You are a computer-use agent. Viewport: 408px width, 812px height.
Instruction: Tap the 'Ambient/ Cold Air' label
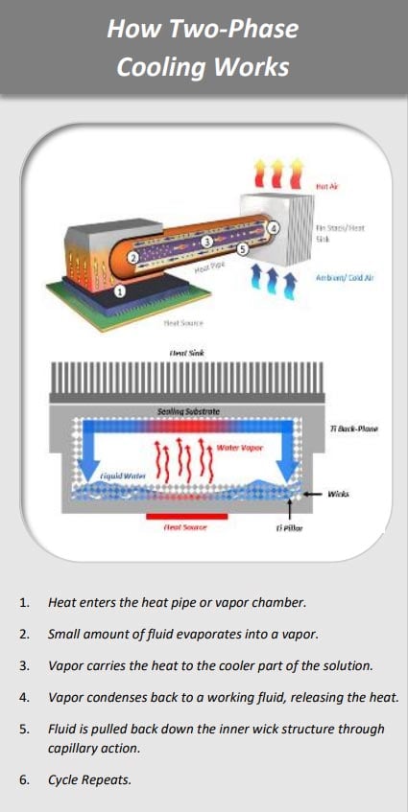342,277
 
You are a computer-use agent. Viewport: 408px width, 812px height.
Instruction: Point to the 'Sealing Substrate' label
188,410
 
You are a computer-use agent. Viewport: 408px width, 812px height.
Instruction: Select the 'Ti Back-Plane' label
353,428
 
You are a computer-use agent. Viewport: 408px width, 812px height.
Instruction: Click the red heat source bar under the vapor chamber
186,516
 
